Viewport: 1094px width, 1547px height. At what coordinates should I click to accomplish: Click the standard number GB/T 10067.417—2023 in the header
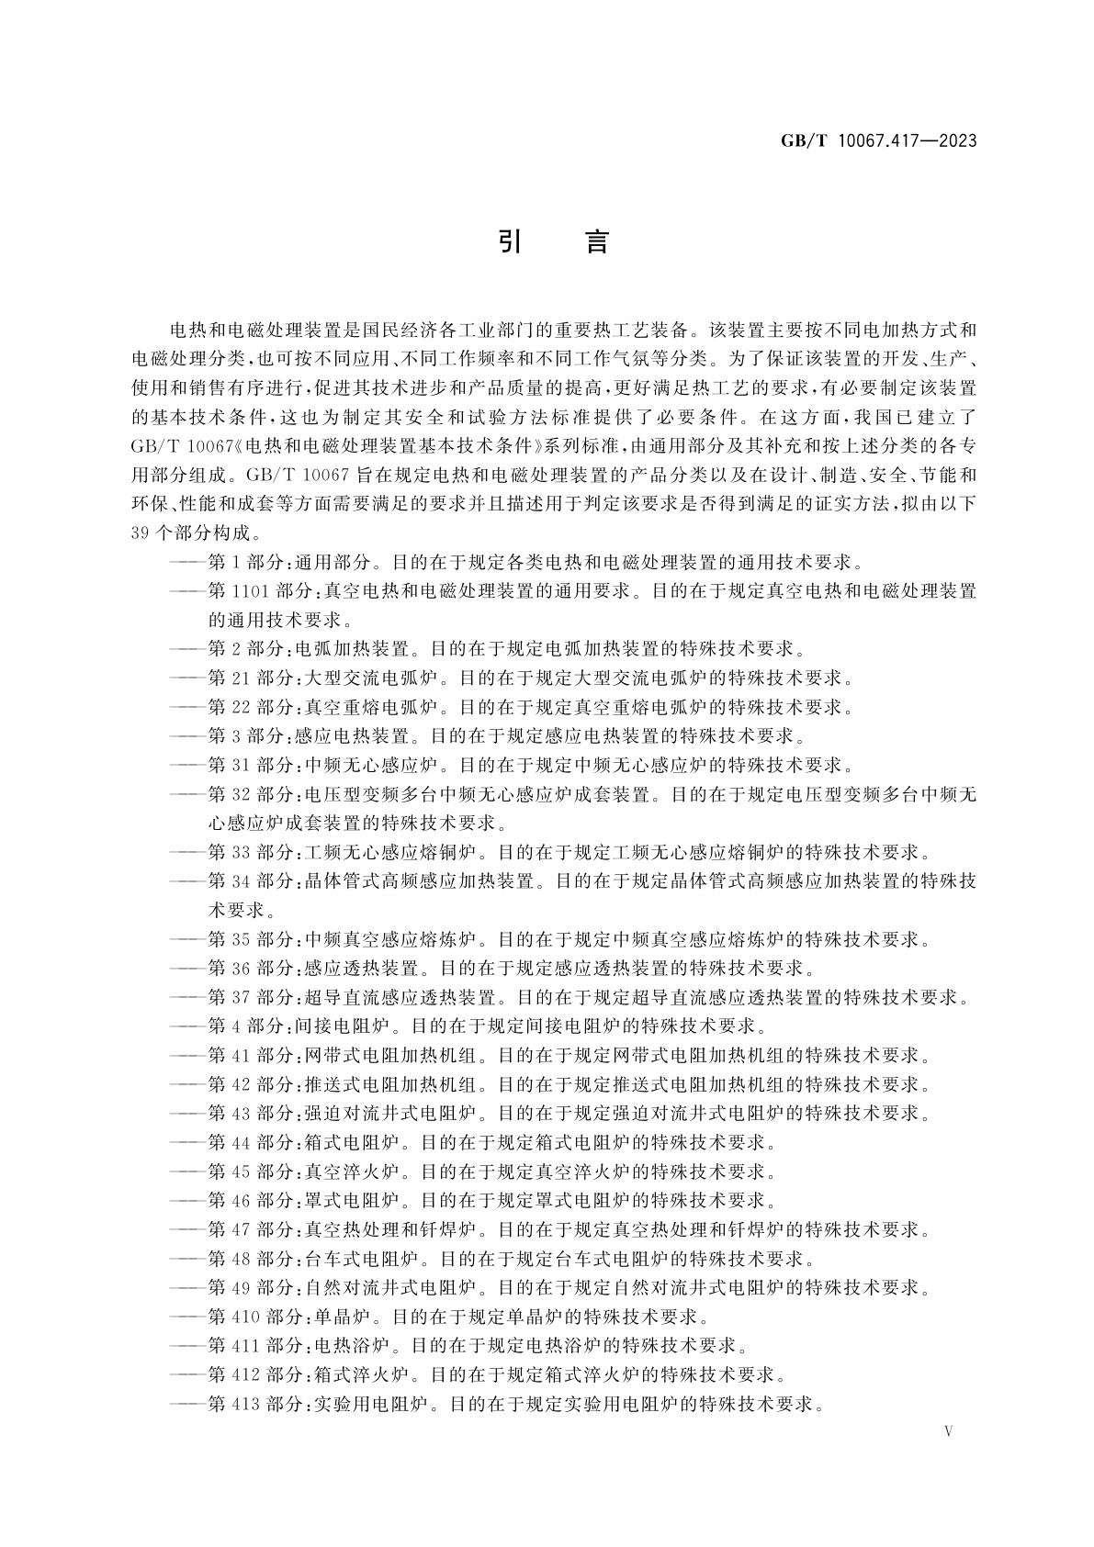[x=877, y=140]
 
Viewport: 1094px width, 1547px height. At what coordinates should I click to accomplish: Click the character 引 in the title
[x=511, y=241]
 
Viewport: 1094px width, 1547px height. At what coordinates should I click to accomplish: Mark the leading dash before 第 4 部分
[x=187, y=1026]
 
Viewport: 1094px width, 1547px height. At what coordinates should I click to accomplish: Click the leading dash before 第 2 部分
[x=187, y=650]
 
